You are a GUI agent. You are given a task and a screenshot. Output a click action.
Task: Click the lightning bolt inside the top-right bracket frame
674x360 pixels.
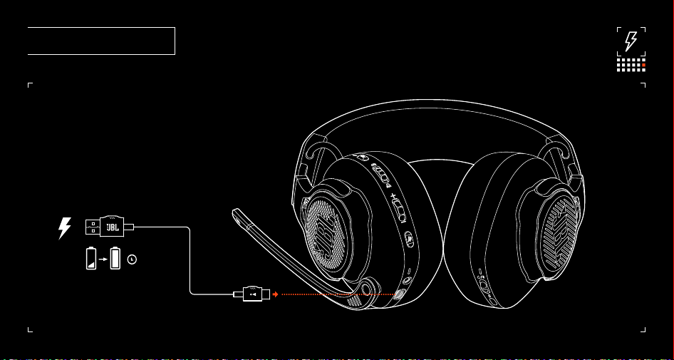coord(631,41)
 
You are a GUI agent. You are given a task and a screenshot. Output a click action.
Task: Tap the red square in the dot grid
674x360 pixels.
coord(643,65)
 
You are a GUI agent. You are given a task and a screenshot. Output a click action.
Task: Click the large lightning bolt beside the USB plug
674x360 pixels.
coord(64,228)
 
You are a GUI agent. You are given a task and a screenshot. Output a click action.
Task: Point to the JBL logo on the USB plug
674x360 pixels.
coord(112,227)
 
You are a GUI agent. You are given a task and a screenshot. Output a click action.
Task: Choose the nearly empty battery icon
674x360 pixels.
coord(91,258)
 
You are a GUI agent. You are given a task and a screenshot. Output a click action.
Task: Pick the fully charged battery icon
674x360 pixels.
coord(115,258)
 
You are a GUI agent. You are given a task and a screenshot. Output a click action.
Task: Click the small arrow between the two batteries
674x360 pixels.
coord(103,259)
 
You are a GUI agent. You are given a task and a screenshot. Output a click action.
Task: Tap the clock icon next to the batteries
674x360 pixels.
coord(132,259)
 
